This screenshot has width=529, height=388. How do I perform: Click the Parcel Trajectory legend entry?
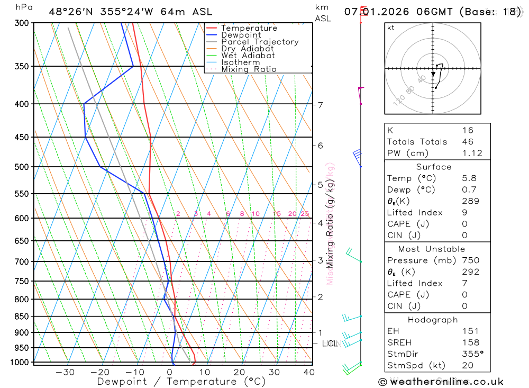260,42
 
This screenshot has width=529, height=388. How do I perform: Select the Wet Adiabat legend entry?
248,56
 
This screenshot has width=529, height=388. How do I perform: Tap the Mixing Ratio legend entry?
249,69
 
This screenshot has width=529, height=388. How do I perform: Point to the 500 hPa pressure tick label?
21,167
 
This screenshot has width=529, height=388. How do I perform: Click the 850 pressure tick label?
21,317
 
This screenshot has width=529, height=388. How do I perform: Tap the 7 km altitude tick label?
321,105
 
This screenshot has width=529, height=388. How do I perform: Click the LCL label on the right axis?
330,344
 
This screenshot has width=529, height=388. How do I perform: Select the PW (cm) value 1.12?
472,154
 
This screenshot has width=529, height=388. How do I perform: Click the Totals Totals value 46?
468,142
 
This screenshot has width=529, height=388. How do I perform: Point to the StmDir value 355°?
472,354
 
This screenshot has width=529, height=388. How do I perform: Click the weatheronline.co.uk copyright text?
441,382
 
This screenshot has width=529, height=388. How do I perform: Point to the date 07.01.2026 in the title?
372,12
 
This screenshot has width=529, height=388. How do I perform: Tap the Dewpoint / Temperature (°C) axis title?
181,382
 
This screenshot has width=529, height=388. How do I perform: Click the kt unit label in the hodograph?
391,28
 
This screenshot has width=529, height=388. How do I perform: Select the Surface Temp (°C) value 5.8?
468,178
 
